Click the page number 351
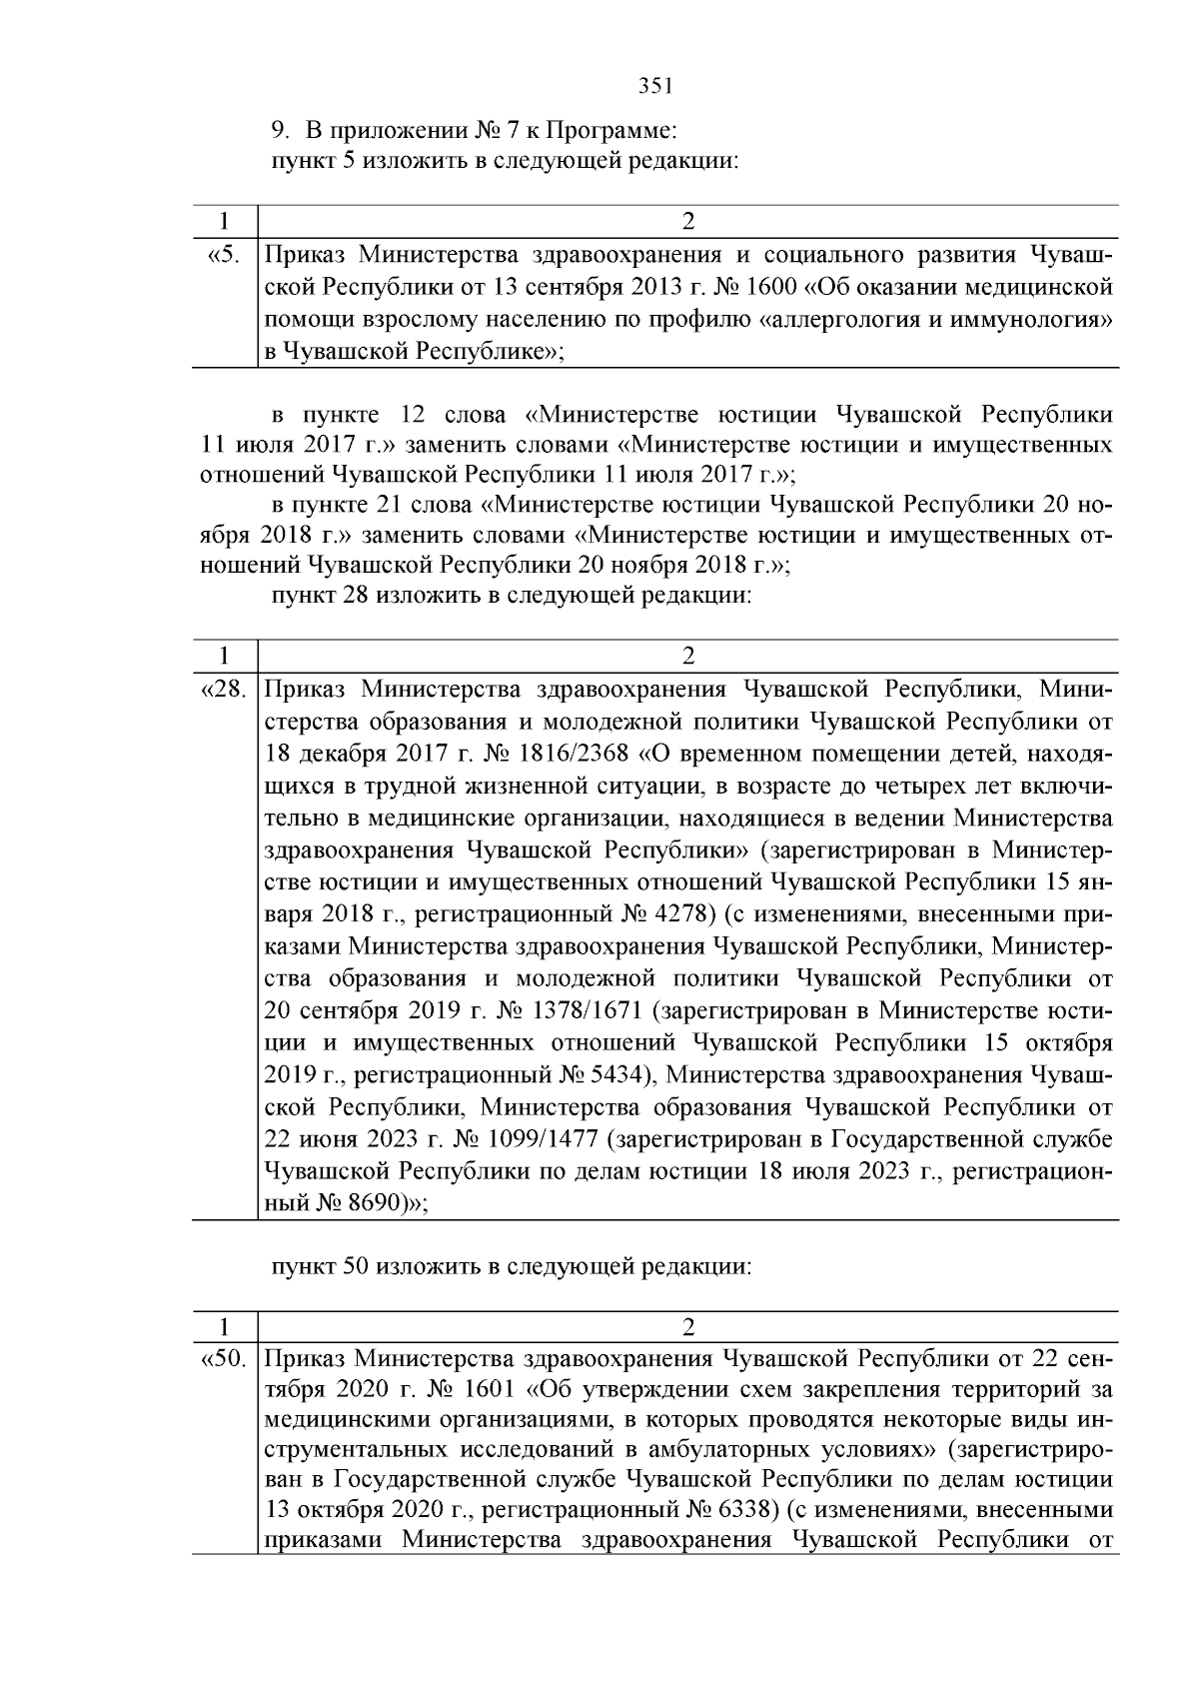[x=655, y=86]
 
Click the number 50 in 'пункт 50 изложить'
[x=357, y=1267]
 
